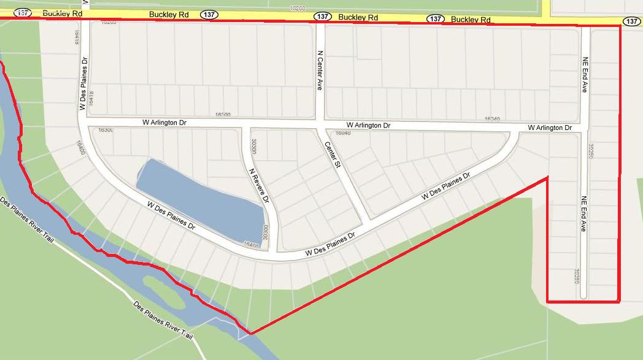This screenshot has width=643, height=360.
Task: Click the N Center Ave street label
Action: tap(319, 71)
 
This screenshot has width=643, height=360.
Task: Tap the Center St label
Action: tap(332, 156)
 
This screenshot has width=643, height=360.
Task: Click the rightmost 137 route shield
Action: tap(632, 21)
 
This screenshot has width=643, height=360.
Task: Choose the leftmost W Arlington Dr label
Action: tap(164, 123)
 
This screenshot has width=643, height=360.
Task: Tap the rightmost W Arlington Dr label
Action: tap(550, 128)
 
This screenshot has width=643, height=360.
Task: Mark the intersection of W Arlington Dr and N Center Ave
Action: tap(320, 125)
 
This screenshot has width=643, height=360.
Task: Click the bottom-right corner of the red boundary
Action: tap(619, 301)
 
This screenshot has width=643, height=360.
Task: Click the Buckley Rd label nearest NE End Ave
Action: tap(471, 20)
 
